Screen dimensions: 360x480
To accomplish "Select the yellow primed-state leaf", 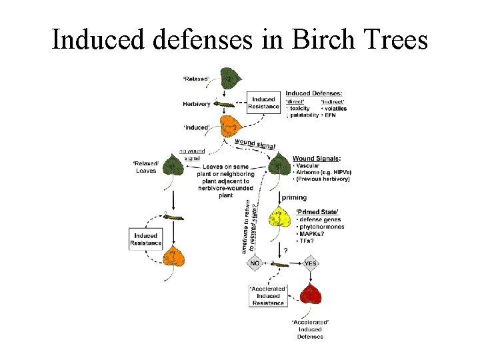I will coord(279,219).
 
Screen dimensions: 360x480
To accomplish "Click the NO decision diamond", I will coord(254,263).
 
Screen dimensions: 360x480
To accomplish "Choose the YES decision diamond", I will coord(311,263).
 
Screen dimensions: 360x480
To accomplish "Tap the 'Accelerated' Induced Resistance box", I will coord(267,295).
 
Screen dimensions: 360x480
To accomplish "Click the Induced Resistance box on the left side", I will coord(145,239).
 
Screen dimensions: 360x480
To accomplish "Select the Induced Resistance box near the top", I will coord(263,103).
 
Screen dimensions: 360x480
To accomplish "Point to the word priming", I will coord(294,197).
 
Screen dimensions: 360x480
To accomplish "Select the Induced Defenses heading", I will coord(314,93).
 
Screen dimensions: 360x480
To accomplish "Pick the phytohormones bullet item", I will coord(321,227).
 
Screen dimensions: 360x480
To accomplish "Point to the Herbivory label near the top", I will coord(197,103).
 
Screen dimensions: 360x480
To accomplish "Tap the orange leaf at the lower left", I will coord(175,257).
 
